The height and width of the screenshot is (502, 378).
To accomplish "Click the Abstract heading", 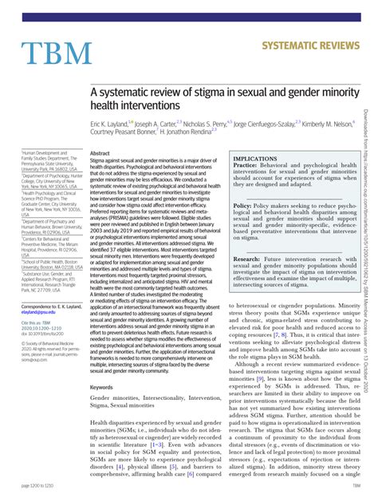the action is coord(100,153).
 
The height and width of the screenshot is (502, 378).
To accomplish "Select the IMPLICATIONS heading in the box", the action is coord(255,160).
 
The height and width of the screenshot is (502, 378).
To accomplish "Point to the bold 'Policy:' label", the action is coord(245,205).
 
